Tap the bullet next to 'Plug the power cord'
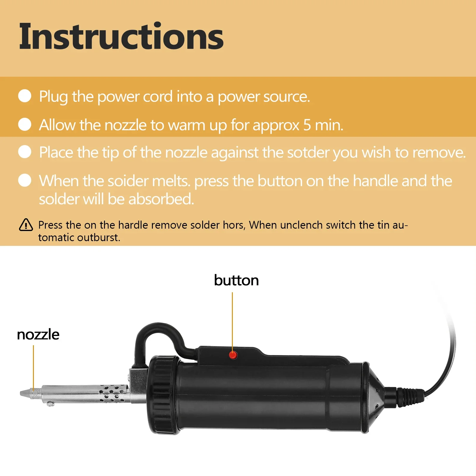click(25, 96)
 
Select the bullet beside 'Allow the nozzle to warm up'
click(25, 124)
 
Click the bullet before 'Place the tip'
click(25, 152)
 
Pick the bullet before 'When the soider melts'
click(25, 180)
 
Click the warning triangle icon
click(26, 225)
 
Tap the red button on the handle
click(233, 355)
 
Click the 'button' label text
click(236, 280)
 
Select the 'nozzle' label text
click(38, 334)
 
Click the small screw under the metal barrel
click(51, 403)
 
